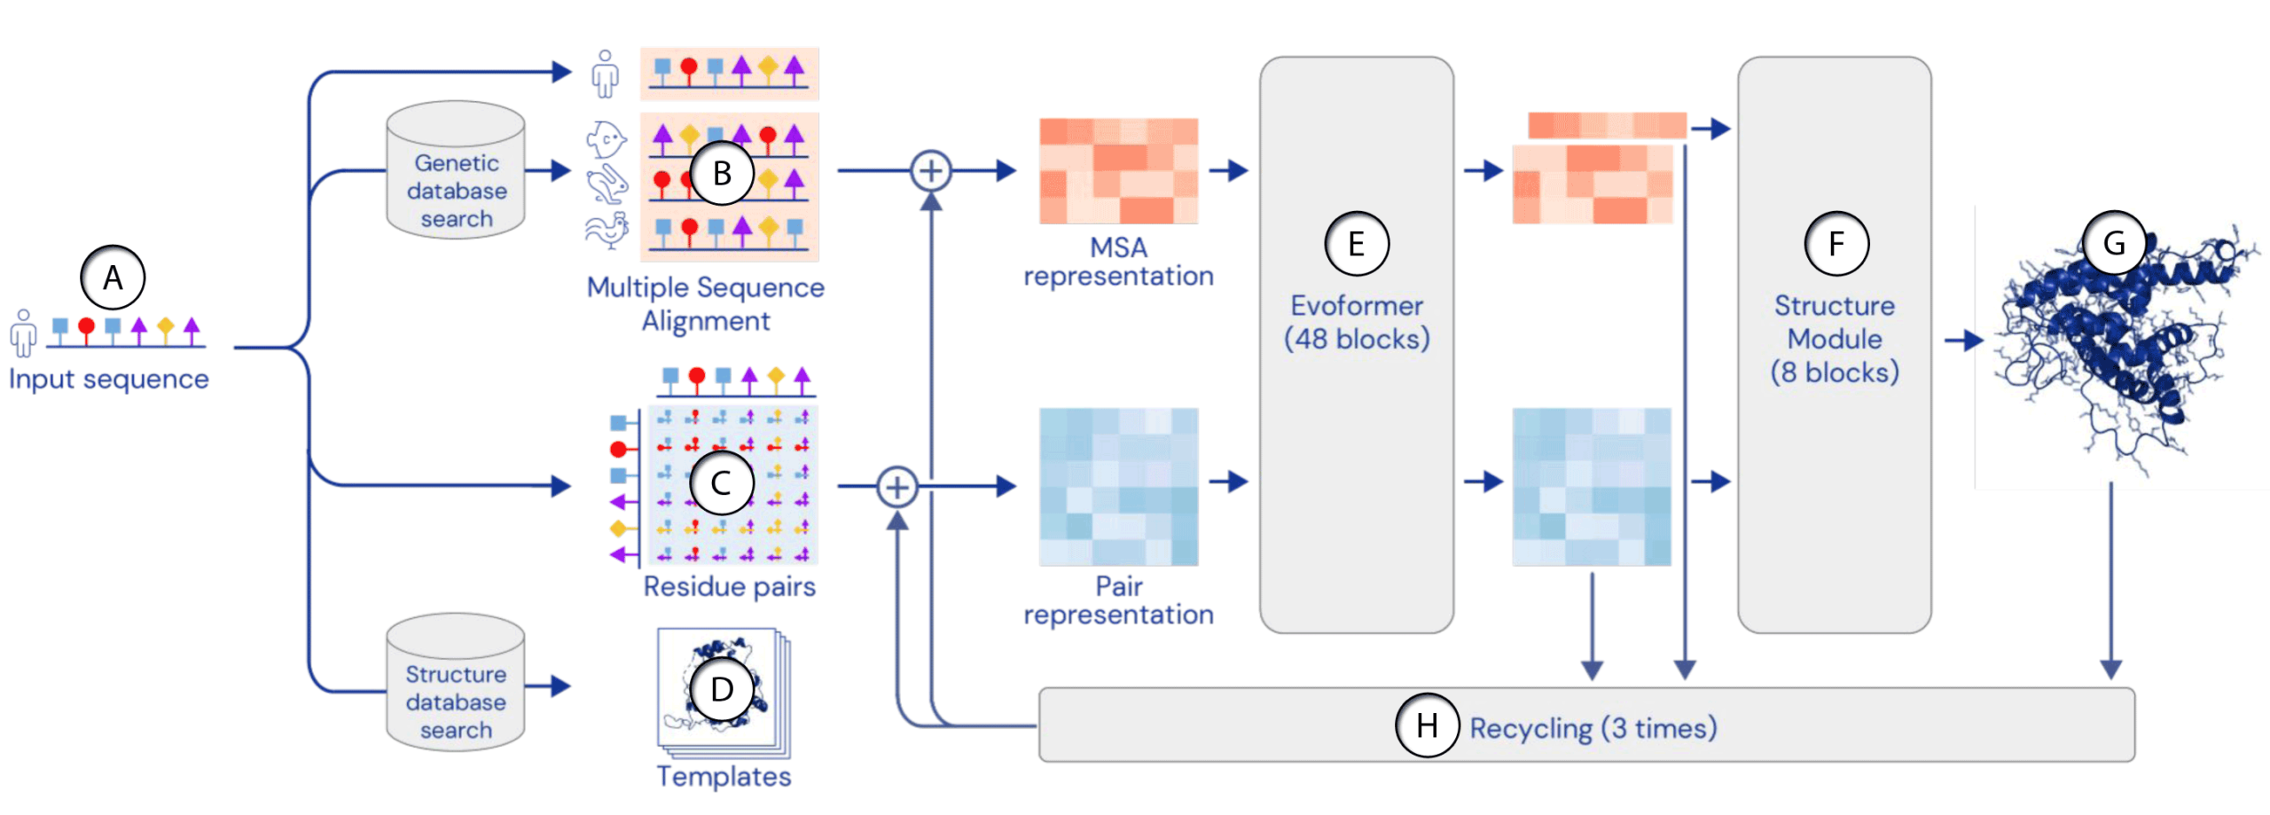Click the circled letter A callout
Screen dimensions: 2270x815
tap(113, 278)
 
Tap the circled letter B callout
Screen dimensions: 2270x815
tap(722, 173)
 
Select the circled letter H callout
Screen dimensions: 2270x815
tap(1427, 725)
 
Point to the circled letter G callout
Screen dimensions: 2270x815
tap(2114, 242)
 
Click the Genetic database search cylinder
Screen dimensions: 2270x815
tap(456, 169)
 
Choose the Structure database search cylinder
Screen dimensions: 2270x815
tap(456, 682)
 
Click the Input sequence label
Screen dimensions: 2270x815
tap(109, 379)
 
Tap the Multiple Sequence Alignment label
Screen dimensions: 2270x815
tap(706, 303)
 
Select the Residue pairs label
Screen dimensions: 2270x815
tap(729, 586)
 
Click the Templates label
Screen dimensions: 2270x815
tap(724, 776)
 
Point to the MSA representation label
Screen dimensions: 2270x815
tap(1118, 262)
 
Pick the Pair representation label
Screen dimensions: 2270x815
tap(1118, 600)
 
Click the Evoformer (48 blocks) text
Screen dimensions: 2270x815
tap(1357, 322)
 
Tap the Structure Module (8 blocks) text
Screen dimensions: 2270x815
tap(1835, 339)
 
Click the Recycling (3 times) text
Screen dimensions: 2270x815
tap(1593, 728)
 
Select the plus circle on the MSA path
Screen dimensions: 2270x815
tap(931, 170)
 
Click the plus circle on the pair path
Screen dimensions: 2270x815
tap(897, 487)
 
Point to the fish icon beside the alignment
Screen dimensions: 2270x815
tap(607, 139)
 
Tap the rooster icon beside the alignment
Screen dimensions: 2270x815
tap(607, 231)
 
